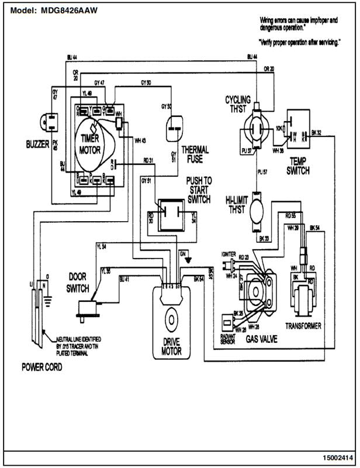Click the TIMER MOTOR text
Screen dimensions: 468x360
(91, 143)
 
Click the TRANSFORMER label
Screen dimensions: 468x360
(303, 325)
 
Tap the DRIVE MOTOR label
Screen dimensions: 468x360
(172, 346)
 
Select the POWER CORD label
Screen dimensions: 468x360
(41, 368)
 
